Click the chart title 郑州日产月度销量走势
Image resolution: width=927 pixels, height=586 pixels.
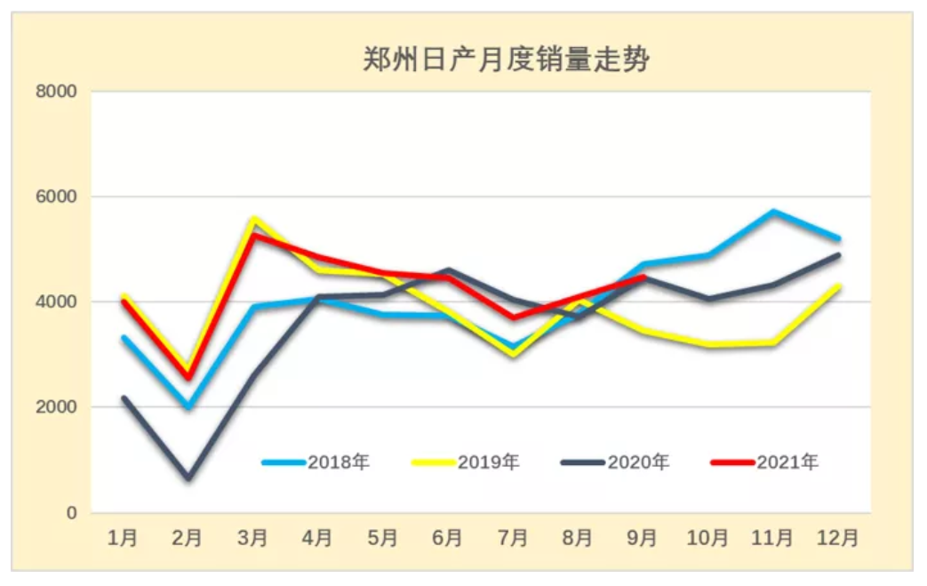pyautogui.click(x=506, y=60)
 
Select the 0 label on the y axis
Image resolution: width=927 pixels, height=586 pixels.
pyautogui.click(x=71, y=513)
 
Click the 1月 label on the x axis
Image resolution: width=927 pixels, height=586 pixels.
pyautogui.click(x=123, y=538)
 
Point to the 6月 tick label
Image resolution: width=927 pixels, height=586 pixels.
pyautogui.click(x=448, y=538)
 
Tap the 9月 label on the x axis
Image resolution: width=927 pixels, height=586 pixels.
pyautogui.click(x=643, y=538)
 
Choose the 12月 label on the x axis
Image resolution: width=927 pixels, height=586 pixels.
pyautogui.click(x=837, y=538)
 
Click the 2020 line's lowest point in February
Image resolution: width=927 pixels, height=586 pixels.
pyautogui.click(x=188, y=478)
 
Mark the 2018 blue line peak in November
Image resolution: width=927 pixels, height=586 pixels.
pyautogui.click(x=773, y=212)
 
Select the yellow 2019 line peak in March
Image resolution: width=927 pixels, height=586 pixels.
pyautogui.click(x=254, y=218)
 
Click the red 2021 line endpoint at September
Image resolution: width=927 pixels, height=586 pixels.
pyautogui.click(x=643, y=277)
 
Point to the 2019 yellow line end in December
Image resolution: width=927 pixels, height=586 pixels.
pyautogui.click(x=838, y=286)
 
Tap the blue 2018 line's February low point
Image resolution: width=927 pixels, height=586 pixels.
pyautogui.click(x=188, y=406)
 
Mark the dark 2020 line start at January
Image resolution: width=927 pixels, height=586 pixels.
pyautogui.click(x=124, y=398)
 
